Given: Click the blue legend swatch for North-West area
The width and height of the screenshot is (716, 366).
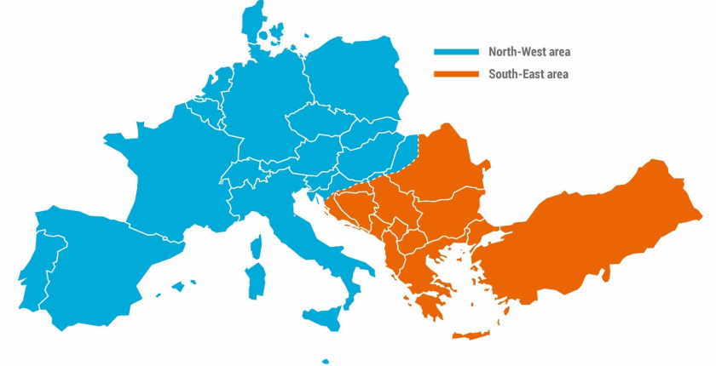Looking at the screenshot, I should pyautogui.click(x=455, y=52).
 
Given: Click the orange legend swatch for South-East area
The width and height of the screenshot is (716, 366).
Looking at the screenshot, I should pyautogui.click(x=455, y=75).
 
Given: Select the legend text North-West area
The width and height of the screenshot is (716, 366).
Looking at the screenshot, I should pyautogui.click(x=528, y=52).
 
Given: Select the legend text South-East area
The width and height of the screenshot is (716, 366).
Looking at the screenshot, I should pyautogui.click(x=528, y=75).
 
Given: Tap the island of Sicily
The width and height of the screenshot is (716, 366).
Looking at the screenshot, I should pyautogui.click(x=325, y=317).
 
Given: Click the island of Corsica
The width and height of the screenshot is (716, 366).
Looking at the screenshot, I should pyautogui.click(x=255, y=247).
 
